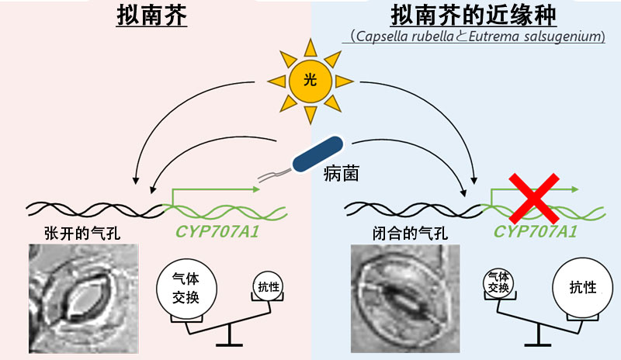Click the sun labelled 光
point(310,81)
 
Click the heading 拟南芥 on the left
point(151,17)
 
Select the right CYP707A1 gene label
point(536,231)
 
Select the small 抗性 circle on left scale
point(268,288)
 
